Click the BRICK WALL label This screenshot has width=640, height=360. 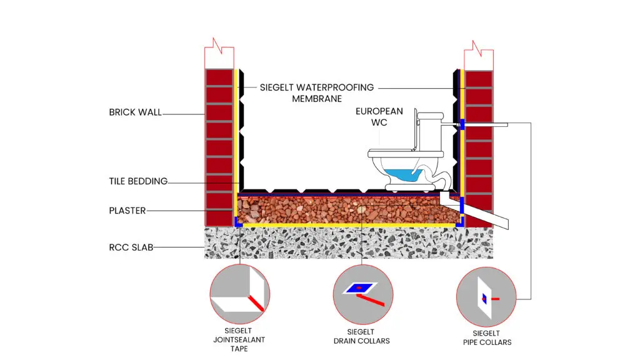(135, 112)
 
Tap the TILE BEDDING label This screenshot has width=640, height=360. (138, 181)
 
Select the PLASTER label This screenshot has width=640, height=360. (127, 211)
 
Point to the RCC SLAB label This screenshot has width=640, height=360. (131, 247)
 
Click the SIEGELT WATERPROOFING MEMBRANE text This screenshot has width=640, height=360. (317, 92)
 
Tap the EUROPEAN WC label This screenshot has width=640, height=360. (379, 117)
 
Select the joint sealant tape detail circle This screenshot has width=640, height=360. (239, 294)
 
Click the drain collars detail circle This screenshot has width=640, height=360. (362, 294)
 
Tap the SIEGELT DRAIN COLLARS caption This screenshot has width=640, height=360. (362, 336)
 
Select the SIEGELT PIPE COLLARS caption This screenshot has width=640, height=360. (487, 337)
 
